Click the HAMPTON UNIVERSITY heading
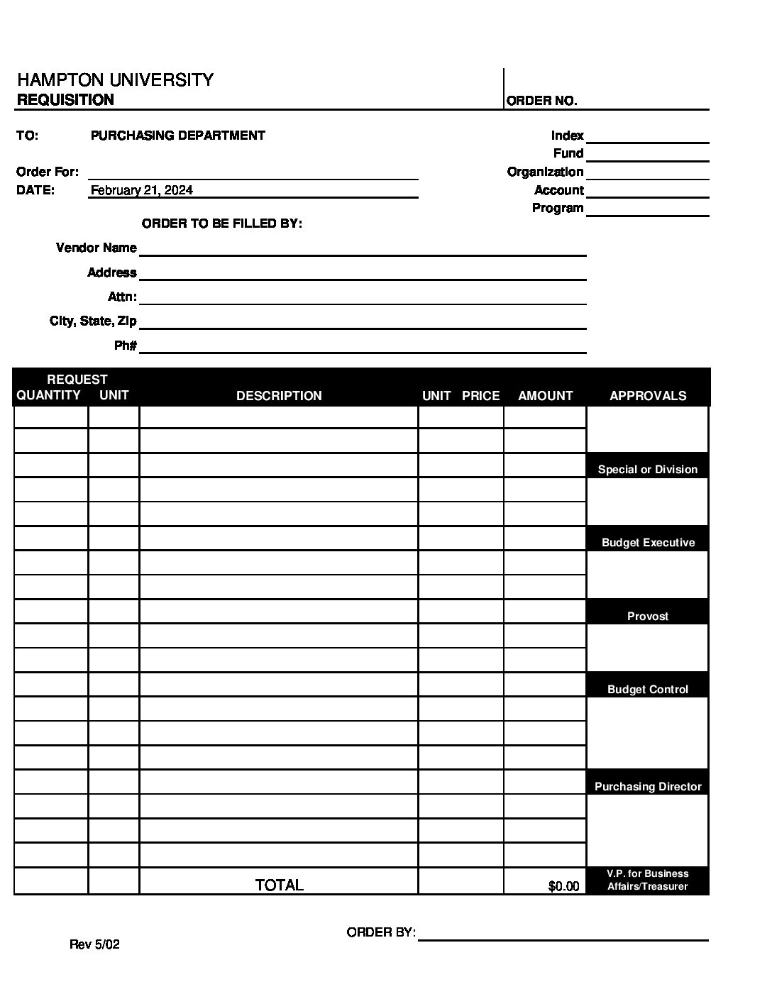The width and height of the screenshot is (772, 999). coord(115,79)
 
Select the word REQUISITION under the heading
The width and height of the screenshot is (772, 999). coord(65,100)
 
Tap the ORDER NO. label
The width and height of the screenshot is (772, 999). coord(541,101)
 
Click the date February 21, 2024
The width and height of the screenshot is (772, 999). coord(142,190)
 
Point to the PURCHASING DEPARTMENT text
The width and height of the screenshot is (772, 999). coord(178,136)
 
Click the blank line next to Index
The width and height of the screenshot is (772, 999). coord(647,136)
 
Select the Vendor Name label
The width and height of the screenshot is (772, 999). coord(96,248)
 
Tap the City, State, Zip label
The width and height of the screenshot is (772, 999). coord(93,321)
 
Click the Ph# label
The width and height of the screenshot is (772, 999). coord(125,346)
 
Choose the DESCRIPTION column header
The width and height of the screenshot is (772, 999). coord(279,396)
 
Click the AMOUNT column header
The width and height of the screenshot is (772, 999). coord(545,396)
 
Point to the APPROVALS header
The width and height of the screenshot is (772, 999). coord(648,396)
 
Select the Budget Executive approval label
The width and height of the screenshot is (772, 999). coord(648,543)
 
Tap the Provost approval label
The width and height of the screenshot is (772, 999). coord(648,617)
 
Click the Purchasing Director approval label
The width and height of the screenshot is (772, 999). coord(648,787)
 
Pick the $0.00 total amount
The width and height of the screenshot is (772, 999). coord(563,886)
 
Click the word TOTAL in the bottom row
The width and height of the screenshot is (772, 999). coord(279,885)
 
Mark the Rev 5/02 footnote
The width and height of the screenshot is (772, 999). coord(94,944)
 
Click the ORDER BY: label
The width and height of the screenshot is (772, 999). coord(381,932)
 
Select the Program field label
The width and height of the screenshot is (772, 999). coord(558,209)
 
